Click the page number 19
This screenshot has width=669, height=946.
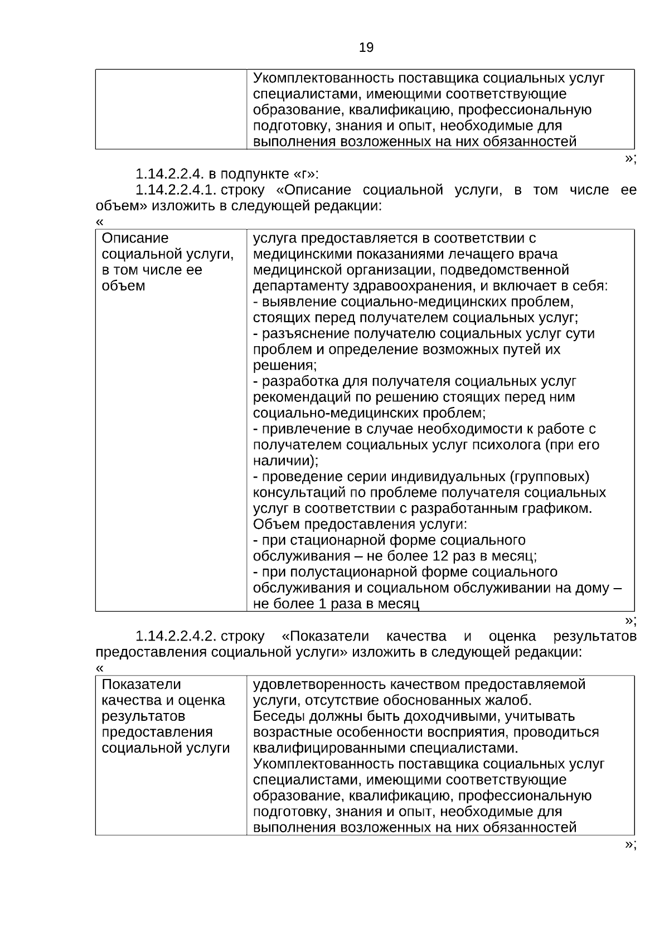(x=366, y=47)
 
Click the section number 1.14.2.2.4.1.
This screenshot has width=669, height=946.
(x=175, y=190)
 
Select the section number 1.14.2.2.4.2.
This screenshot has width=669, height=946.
(x=175, y=636)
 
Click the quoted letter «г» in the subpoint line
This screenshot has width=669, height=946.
(x=302, y=174)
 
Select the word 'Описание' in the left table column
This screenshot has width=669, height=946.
(x=135, y=238)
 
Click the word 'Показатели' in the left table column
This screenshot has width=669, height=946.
(x=141, y=684)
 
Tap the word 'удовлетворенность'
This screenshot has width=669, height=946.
(x=319, y=684)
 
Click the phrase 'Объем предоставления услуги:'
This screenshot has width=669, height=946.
(x=360, y=524)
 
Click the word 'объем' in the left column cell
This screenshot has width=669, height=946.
(x=123, y=286)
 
